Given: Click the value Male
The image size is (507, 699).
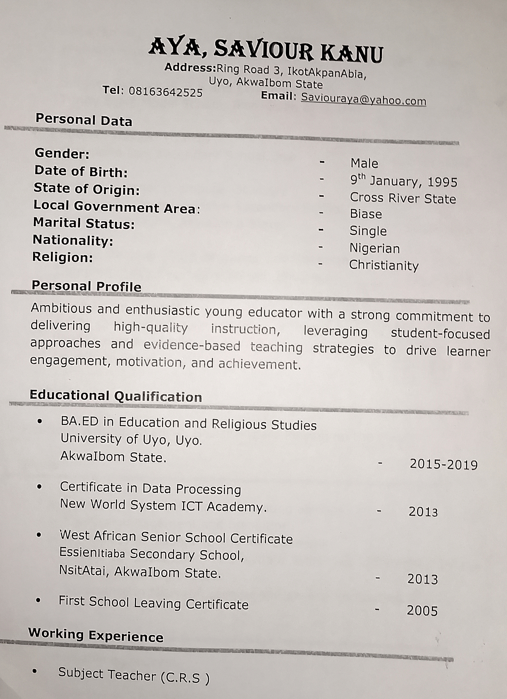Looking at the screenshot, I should pyautogui.click(x=364, y=163).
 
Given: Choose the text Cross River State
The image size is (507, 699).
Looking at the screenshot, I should pyautogui.click(x=403, y=198).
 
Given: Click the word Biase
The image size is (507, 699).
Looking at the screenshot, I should pyautogui.click(x=366, y=214).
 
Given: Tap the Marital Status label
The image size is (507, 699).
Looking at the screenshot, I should pyautogui.click(x=84, y=223).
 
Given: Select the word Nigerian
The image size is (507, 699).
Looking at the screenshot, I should pyautogui.click(x=374, y=248).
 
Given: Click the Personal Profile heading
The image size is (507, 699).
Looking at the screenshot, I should pyautogui.click(x=87, y=286).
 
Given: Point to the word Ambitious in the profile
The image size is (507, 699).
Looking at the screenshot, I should pyautogui.click(x=61, y=309).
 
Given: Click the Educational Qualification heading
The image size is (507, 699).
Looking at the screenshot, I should pyautogui.click(x=116, y=396).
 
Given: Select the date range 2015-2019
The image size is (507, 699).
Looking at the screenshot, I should pyautogui.click(x=443, y=465).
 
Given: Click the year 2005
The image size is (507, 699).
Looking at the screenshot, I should pyautogui.click(x=422, y=611).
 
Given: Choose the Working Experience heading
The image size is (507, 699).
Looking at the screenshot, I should pyautogui.click(x=96, y=635).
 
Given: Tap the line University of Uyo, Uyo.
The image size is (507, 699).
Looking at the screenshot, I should pyautogui.click(x=131, y=439).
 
